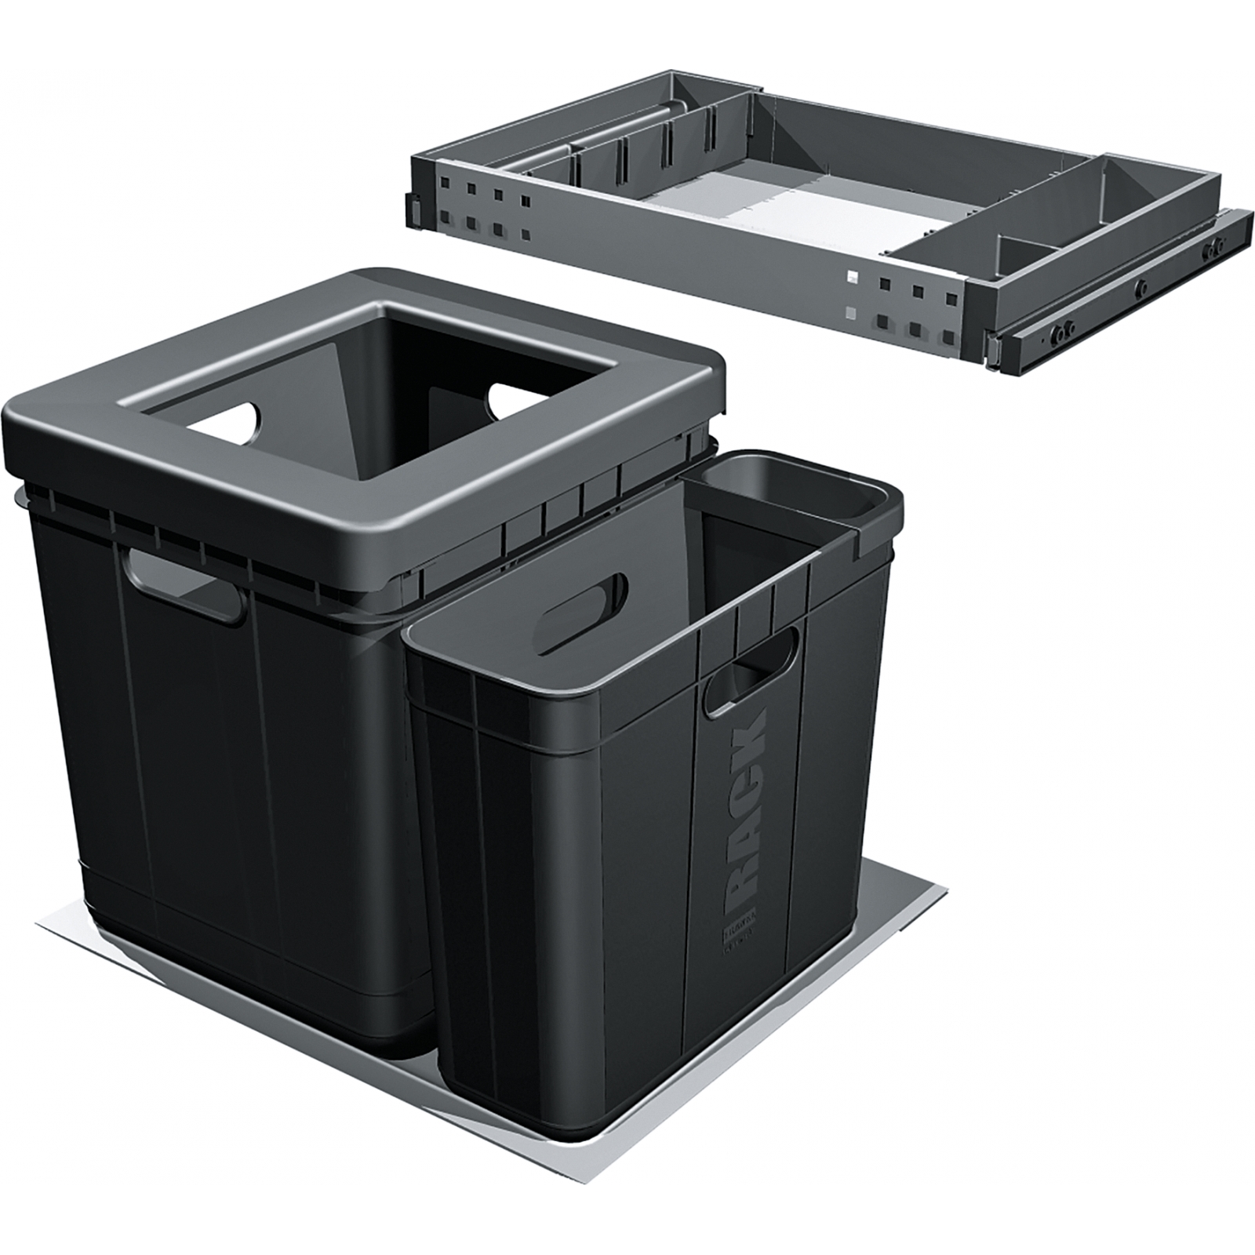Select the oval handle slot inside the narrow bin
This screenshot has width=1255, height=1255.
click(585, 605)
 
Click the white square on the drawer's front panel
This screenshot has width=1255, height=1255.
click(853, 277)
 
